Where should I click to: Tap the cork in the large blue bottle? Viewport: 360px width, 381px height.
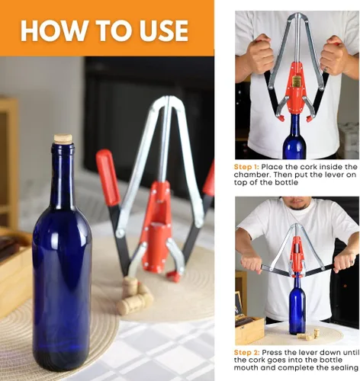[x=63, y=138]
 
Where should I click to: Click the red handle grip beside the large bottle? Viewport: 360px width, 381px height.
[x=108, y=178]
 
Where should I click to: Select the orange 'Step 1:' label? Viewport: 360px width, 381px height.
[x=246, y=167]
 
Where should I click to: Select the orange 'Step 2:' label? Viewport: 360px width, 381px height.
[x=247, y=353]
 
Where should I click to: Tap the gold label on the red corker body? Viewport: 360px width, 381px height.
[x=296, y=81]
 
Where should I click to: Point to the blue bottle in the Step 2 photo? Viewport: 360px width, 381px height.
[x=297, y=306]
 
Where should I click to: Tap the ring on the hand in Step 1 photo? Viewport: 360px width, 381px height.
[x=326, y=69]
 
